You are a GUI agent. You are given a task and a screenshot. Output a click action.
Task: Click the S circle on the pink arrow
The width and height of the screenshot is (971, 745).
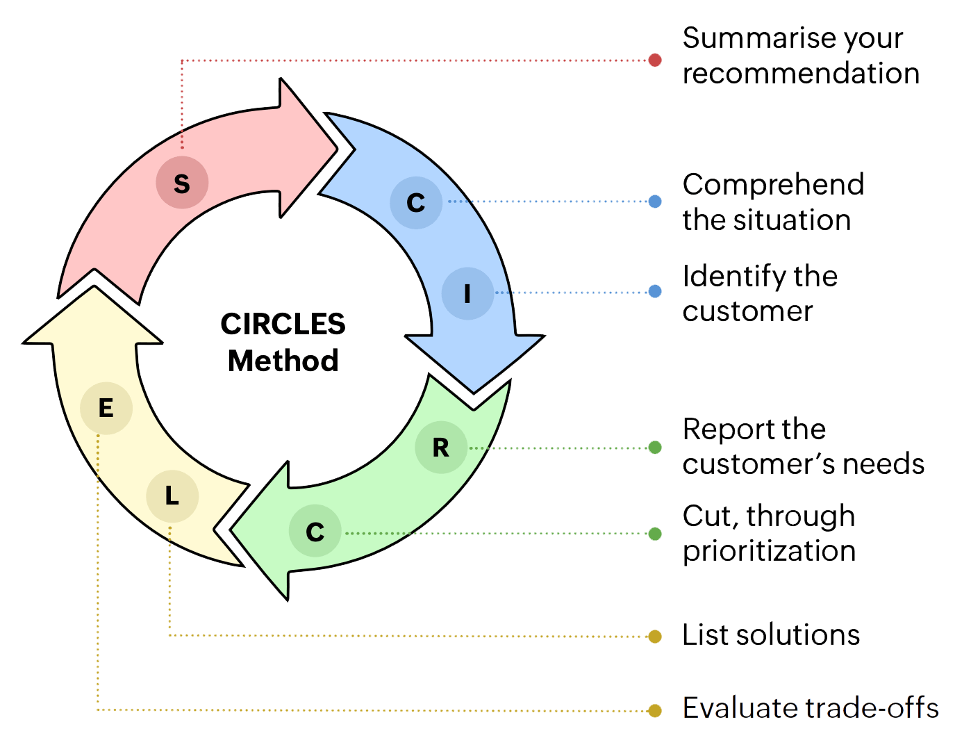click(182, 183)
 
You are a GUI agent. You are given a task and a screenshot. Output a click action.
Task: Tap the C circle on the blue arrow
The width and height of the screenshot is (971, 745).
click(416, 202)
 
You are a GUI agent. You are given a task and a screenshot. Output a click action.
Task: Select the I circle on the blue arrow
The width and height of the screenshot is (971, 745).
click(467, 293)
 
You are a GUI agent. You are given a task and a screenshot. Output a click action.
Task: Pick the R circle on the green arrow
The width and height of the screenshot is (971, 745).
click(441, 448)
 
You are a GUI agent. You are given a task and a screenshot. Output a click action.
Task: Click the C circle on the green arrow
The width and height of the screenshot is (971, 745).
click(315, 532)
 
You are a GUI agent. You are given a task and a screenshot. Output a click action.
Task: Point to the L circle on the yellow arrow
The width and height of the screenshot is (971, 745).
click(172, 496)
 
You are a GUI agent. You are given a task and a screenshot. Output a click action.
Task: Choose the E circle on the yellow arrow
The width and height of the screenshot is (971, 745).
click(106, 408)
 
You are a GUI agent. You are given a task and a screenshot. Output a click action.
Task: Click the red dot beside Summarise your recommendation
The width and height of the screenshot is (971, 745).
click(654, 60)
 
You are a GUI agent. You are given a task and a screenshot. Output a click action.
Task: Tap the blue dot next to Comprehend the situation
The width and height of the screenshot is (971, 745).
click(654, 202)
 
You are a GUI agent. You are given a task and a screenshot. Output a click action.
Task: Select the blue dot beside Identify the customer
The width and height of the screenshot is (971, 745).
click(654, 292)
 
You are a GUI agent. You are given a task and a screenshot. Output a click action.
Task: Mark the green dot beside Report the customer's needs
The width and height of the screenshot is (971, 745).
click(654, 448)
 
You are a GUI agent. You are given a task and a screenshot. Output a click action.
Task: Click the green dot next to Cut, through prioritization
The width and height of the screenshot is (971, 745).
click(654, 534)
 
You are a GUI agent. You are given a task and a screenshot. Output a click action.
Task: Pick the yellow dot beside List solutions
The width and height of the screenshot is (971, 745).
click(654, 636)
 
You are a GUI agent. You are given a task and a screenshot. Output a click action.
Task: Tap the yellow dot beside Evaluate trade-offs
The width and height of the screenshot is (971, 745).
click(654, 710)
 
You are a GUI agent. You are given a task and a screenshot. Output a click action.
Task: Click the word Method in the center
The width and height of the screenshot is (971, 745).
click(282, 361)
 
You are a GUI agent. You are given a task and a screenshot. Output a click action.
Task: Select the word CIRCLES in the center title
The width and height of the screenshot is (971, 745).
click(283, 324)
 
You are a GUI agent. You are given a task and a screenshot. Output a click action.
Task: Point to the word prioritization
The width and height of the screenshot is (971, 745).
click(769, 551)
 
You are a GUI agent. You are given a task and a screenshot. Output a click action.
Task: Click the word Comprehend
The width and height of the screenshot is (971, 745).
click(773, 184)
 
